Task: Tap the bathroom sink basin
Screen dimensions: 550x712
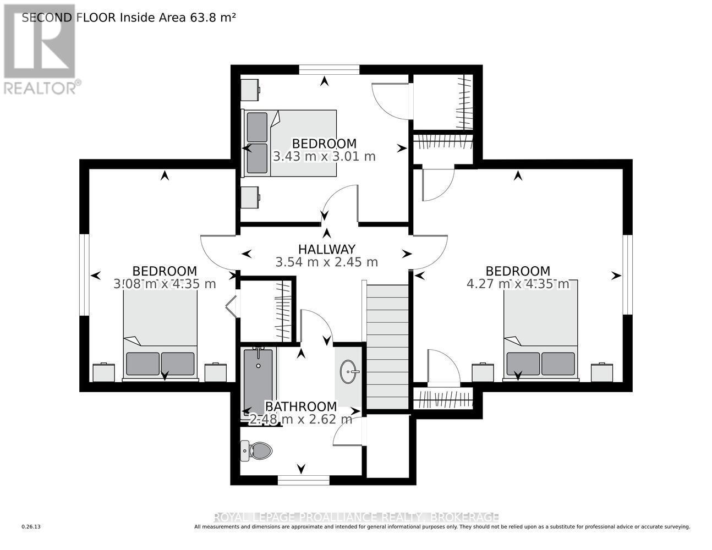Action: tap(349, 372)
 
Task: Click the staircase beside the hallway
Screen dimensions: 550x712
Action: tap(388, 346)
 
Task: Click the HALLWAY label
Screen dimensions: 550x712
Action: tap(327, 249)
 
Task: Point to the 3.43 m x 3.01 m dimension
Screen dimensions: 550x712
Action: tap(324, 156)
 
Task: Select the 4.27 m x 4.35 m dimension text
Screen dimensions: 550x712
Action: tap(518, 284)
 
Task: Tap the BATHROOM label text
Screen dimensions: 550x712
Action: tap(300, 406)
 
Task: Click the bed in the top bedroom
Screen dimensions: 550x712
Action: tap(290, 143)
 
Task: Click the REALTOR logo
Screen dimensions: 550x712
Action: tap(40, 50)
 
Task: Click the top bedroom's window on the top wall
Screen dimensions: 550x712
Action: tap(329, 69)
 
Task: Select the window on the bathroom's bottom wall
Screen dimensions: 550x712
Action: tap(303, 481)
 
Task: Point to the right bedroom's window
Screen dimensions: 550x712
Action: tap(627, 275)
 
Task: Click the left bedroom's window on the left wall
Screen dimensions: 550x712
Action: tap(84, 275)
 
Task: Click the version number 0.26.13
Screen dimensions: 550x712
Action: tap(31, 527)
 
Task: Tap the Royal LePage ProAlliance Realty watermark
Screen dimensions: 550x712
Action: tap(356, 517)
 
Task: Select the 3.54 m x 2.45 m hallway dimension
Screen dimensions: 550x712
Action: tap(327, 262)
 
